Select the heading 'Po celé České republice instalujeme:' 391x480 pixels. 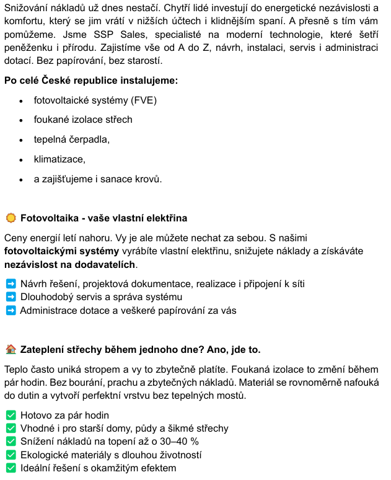(91, 81)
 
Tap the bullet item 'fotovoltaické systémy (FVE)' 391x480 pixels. (95, 100)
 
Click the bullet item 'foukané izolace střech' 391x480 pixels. (83, 120)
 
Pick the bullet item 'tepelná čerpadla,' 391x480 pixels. (72, 140)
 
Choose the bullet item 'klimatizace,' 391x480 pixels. (59, 159)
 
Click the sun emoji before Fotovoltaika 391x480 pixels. (11, 218)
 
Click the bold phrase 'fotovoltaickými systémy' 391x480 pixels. (61, 251)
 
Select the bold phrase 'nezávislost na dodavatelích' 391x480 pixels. (69, 265)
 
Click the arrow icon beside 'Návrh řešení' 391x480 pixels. (11, 284)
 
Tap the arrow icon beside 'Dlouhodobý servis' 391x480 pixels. (11, 297)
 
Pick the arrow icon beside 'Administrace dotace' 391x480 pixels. (11, 310)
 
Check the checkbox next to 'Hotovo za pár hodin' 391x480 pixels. (11, 415)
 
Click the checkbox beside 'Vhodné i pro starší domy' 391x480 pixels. (11, 428)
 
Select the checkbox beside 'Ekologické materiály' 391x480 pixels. (11, 455)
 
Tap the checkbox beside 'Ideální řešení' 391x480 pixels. (11, 468)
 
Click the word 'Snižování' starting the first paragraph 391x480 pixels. (25, 8)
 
